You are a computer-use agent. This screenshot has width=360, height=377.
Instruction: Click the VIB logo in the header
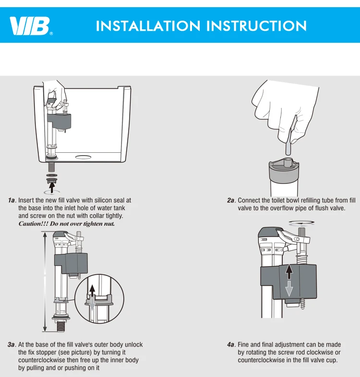(x=31, y=26)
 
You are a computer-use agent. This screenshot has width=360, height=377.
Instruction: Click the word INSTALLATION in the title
(x=148, y=26)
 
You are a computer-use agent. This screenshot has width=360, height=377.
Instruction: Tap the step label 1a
(x=12, y=200)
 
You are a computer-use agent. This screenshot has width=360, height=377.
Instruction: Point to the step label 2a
(x=231, y=200)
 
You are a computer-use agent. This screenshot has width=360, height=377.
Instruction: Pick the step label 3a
(x=12, y=344)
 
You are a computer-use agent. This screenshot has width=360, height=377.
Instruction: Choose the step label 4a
(x=231, y=344)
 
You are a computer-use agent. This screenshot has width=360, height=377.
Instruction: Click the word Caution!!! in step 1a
(x=34, y=224)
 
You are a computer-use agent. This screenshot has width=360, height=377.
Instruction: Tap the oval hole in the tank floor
(x=83, y=157)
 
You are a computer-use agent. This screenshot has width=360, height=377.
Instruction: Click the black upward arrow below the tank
(x=52, y=187)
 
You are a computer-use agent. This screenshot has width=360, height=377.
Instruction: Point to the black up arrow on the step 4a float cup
(x=289, y=272)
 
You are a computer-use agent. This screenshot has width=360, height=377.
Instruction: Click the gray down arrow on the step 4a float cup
(x=289, y=289)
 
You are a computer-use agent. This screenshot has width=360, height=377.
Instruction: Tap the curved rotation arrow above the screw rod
(x=301, y=223)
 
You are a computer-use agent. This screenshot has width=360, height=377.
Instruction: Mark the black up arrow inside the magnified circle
(x=92, y=292)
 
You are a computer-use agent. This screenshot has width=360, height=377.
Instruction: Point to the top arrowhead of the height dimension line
(x=45, y=234)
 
